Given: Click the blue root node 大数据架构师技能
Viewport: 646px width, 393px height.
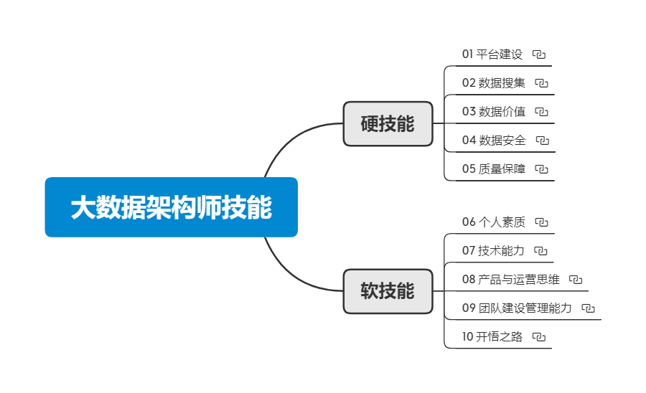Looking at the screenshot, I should tap(171, 207).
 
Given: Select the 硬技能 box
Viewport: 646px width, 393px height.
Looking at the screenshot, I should tap(388, 124).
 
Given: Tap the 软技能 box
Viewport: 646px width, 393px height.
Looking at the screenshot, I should tap(388, 291).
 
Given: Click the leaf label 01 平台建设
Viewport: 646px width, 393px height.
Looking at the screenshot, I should tap(492, 54).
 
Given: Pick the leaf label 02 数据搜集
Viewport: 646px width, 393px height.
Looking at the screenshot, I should tap(494, 82).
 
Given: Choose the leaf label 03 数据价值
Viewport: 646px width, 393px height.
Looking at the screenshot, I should tap(494, 111).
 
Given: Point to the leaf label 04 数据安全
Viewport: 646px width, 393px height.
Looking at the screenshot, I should tap(494, 140).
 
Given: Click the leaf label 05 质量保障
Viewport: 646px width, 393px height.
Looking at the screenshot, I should tap(494, 169).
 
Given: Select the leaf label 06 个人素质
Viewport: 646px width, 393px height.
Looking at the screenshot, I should tap(494, 222).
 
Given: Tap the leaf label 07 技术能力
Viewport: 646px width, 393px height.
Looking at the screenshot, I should tap(493, 250).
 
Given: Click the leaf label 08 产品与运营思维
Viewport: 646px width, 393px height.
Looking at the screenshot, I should tap(510, 279).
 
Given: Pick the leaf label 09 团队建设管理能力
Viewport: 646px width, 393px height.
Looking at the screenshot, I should tap(517, 308).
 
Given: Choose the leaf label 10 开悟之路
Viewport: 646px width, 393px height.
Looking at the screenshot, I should tap(492, 336).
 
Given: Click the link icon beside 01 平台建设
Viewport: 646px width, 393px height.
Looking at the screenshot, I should tap(540, 55).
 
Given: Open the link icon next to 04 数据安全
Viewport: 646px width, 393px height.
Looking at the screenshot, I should tap(543, 141).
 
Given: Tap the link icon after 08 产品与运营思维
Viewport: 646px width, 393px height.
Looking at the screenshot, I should tap(576, 280).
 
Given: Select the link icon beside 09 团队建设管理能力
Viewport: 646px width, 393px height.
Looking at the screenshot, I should tap(589, 308).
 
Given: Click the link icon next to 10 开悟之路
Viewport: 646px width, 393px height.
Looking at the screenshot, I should tap(540, 337).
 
